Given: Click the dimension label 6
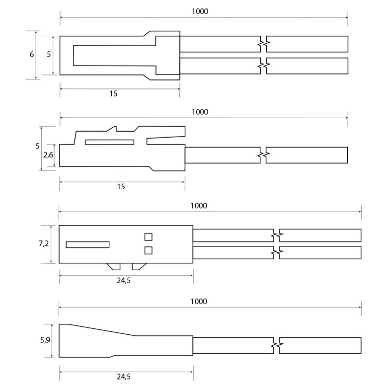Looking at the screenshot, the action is [x=32, y=54].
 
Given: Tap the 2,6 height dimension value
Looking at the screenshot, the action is [x=48, y=155].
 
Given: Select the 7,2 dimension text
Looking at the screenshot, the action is [x=44, y=243].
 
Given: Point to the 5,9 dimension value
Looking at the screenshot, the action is [x=45, y=340].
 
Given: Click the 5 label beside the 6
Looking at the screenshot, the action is [x=49, y=54].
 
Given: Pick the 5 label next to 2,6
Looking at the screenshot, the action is [x=37, y=146].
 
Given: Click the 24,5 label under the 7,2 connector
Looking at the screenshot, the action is [x=124, y=280].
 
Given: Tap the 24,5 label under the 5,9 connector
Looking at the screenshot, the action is [x=124, y=377].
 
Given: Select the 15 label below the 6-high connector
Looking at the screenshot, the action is [x=113, y=93].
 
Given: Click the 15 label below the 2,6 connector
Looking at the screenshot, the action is [x=121, y=187].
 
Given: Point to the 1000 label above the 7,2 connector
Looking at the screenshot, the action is [x=199, y=206].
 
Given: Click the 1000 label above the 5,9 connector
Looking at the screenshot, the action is [x=199, y=302].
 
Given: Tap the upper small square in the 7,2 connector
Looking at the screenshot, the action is [x=149, y=237].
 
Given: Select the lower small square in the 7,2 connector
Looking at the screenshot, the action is [x=149, y=250].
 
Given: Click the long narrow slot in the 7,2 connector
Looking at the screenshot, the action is [x=87, y=244].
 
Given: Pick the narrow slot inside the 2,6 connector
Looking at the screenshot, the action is [x=110, y=142].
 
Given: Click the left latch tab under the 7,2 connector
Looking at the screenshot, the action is [x=113, y=267].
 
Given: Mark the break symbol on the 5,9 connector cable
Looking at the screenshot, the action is [x=277, y=345].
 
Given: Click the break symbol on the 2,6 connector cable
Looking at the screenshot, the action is [x=263, y=155].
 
